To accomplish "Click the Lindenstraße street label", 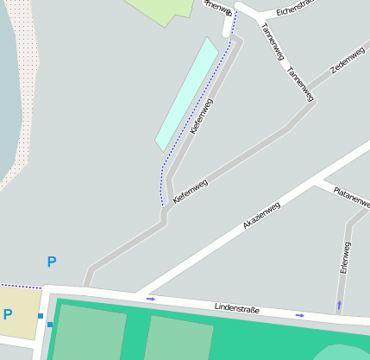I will [x=236, y=307].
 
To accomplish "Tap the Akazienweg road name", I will [x=261, y=215].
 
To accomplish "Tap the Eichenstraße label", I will [x=298, y=11].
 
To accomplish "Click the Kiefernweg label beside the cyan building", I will [x=200, y=116].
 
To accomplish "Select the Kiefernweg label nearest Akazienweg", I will [x=191, y=191].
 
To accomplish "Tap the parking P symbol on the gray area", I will [x=51, y=262].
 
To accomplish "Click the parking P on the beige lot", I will [x=8, y=315].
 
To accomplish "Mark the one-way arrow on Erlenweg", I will [x=339, y=305].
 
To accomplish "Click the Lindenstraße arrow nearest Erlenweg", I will [x=300, y=315].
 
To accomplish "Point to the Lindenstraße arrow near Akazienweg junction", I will [x=152, y=300].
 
